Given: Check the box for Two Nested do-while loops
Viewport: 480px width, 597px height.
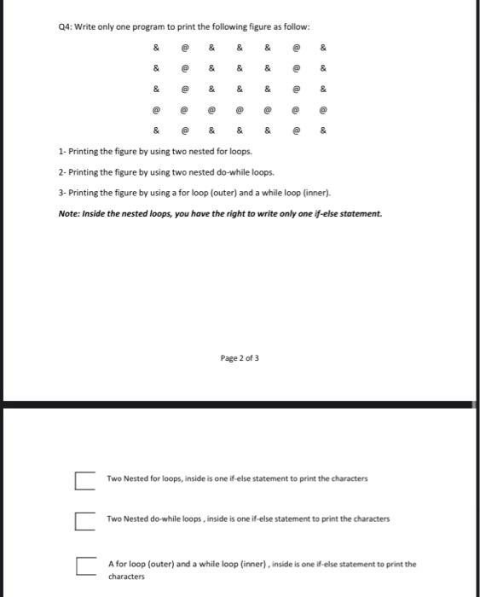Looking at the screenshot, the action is [84, 519].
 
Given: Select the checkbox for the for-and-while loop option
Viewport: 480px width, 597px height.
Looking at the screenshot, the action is [84, 565].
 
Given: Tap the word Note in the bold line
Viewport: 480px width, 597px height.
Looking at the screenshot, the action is [67, 213].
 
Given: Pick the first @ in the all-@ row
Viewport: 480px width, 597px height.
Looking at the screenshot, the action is [155, 110].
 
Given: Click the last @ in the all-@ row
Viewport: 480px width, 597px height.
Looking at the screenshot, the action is [322, 110].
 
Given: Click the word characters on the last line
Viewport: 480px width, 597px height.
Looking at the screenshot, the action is [126, 577].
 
